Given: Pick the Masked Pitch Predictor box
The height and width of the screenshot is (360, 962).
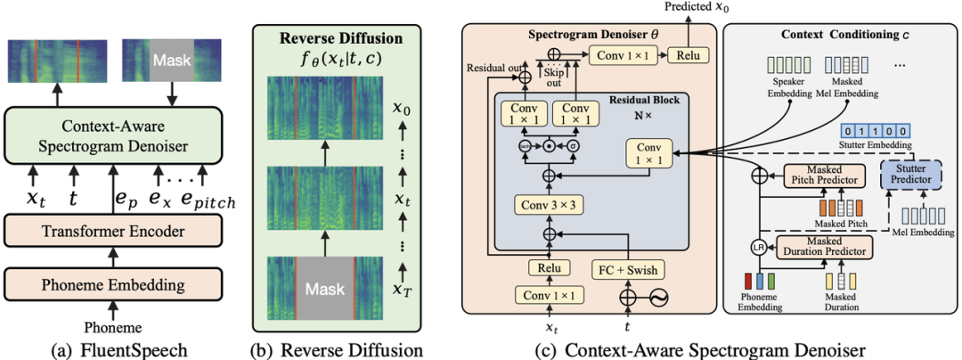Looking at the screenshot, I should pos(824,176).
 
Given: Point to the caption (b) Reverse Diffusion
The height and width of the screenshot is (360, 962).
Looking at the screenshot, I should pos(338,348).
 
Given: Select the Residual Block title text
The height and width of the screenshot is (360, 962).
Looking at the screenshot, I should pos(633,100).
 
